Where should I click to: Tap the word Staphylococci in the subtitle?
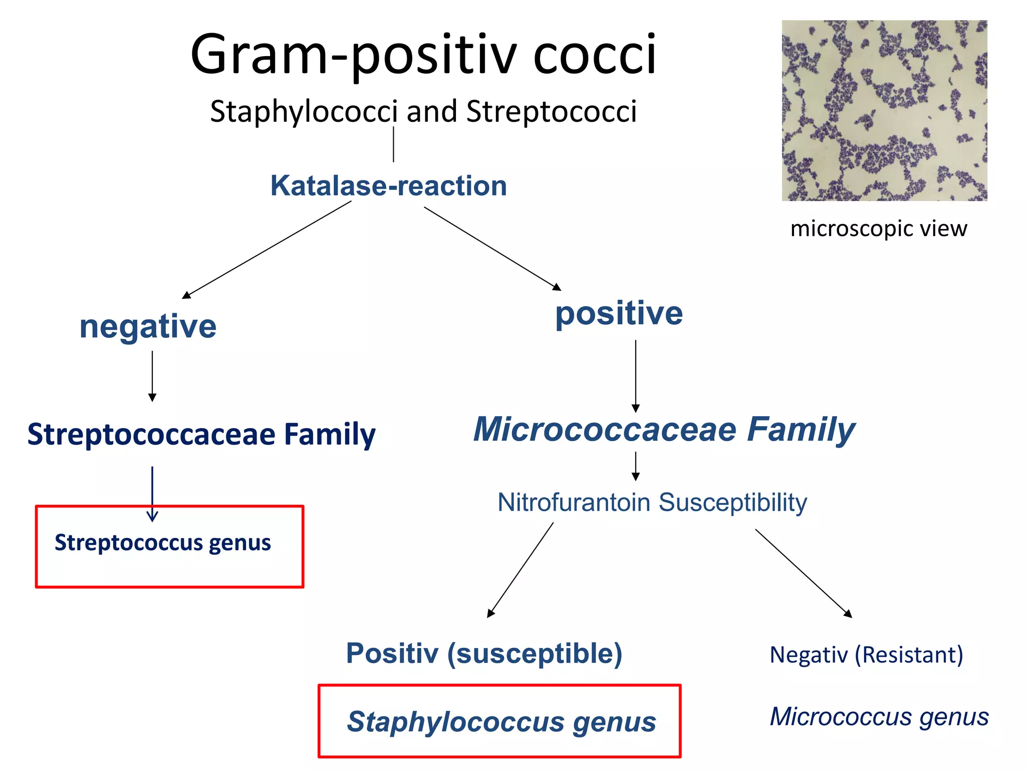(x=304, y=111)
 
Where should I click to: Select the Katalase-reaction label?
(x=389, y=185)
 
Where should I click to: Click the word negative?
(x=148, y=326)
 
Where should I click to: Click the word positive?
(x=619, y=313)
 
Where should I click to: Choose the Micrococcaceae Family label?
(x=664, y=430)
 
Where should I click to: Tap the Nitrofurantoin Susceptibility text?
(x=652, y=502)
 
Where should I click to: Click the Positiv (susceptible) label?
(x=484, y=653)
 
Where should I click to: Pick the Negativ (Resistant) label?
(x=866, y=655)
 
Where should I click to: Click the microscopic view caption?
(x=879, y=229)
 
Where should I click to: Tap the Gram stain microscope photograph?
(x=884, y=110)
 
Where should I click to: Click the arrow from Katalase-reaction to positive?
(x=492, y=249)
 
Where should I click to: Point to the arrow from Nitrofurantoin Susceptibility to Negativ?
(x=804, y=573)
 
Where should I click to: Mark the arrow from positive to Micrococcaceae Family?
(x=636, y=376)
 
